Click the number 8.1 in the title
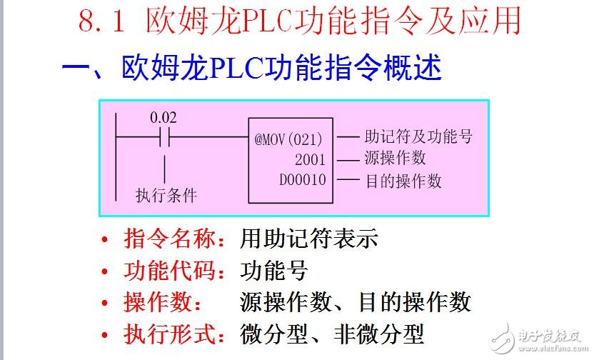[102, 23]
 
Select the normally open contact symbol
[163, 136]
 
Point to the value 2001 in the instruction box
[309, 159]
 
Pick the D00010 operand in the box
[302, 179]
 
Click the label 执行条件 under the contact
[166, 194]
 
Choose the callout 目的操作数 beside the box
[403, 180]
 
